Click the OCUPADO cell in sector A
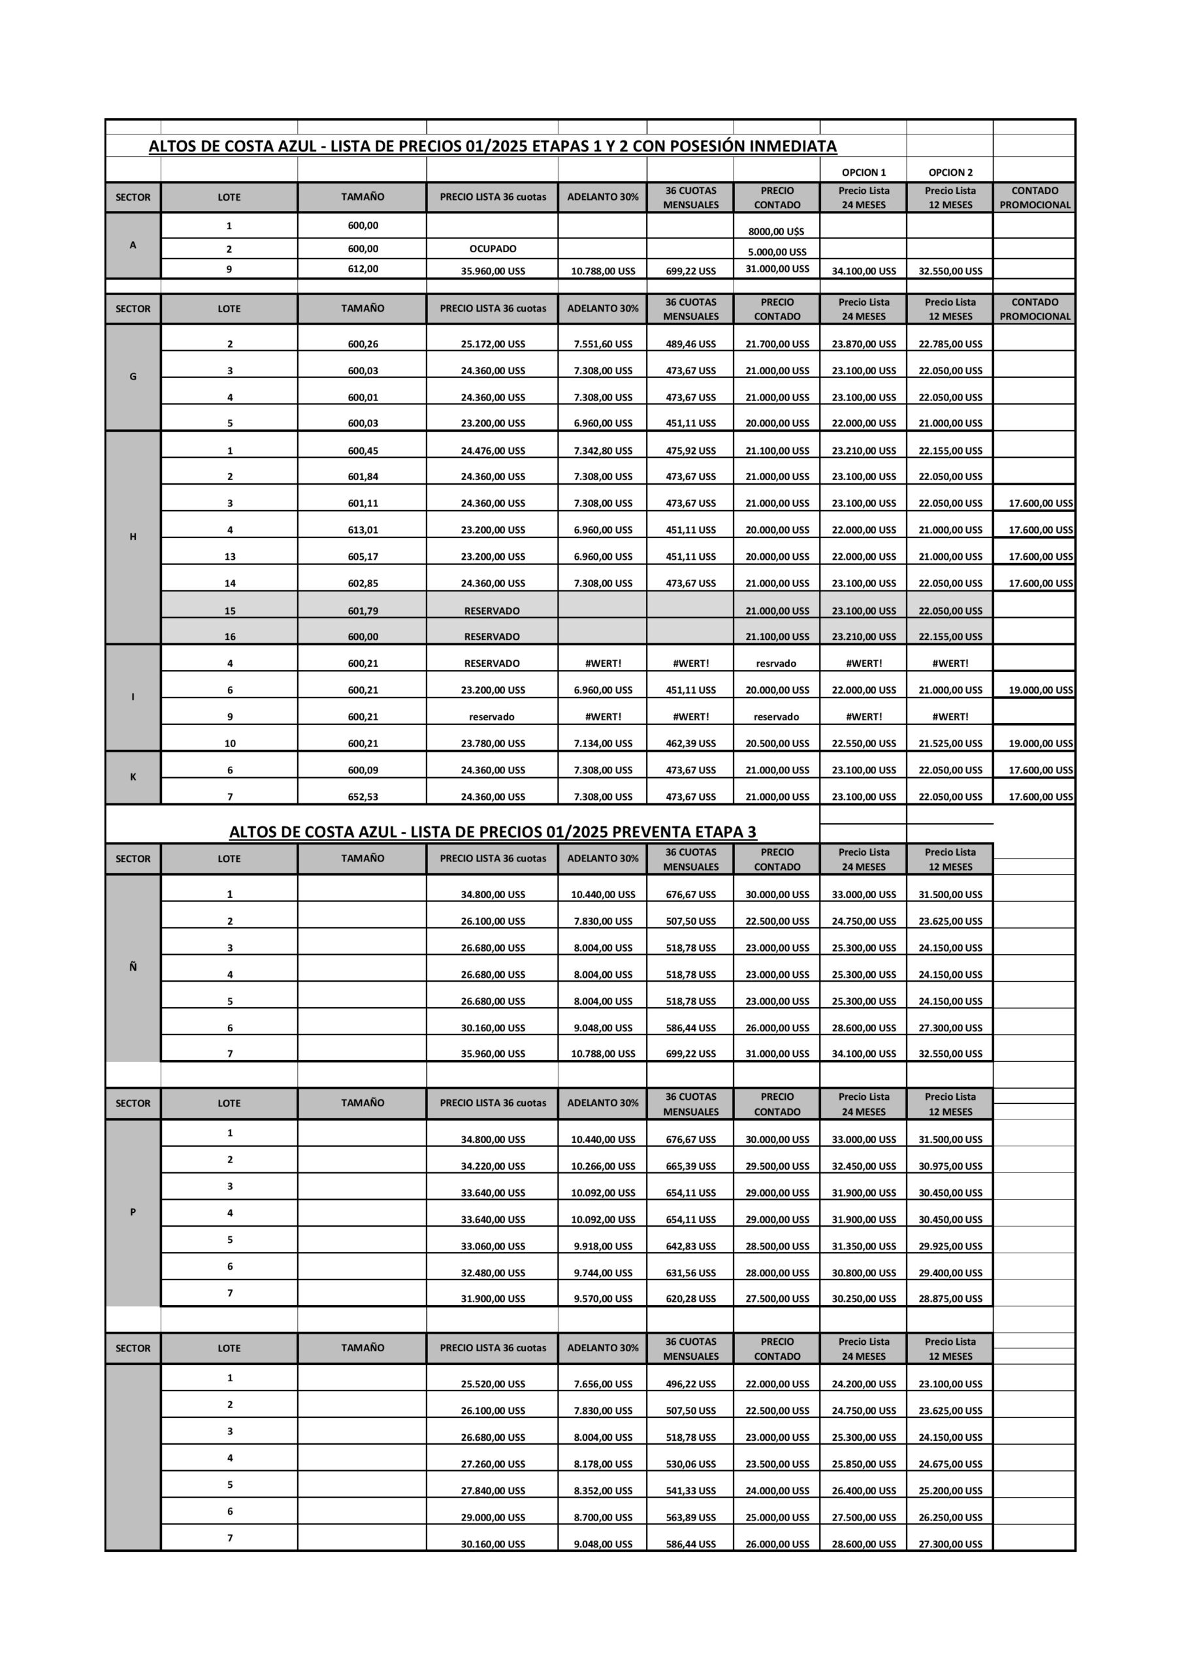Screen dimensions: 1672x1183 pyautogui.click(x=493, y=249)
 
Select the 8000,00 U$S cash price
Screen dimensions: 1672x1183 pyautogui.click(x=777, y=232)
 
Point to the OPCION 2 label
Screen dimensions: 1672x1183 pyautogui.click(x=950, y=172)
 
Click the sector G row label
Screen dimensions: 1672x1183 pyautogui.click(x=133, y=376)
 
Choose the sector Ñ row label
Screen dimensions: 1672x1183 pyautogui.click(x=133, y=967)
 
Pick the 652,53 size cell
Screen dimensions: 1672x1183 pyautogui.click(x=363, y=797)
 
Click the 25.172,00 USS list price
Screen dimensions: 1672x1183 pyautogui.click(x=493, y=344)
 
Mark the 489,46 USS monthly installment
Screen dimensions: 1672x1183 pyautogui.click(x=690, y=344)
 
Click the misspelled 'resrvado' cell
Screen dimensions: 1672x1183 pyautogui.click(x=777, y=664)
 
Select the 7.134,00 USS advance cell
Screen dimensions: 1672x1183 pyautogui.click(x=602, y=743)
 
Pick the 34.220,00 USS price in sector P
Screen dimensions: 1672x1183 pyautogui.click(x=493, y=1166)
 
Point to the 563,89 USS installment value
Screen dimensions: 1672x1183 pyautogui.click(x=690, y=1518)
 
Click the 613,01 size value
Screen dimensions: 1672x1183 pyautogui.click(x=363, y=530)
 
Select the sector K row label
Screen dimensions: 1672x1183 pyautogui.click(x=133, y=777)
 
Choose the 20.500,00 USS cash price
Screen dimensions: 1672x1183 pyautogui.click(x=777, y=743)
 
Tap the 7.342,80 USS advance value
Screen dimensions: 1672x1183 pyautogui.click(x=602, y=451)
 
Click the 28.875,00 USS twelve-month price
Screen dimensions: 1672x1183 pyautogui.click(x=950, y=1298)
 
